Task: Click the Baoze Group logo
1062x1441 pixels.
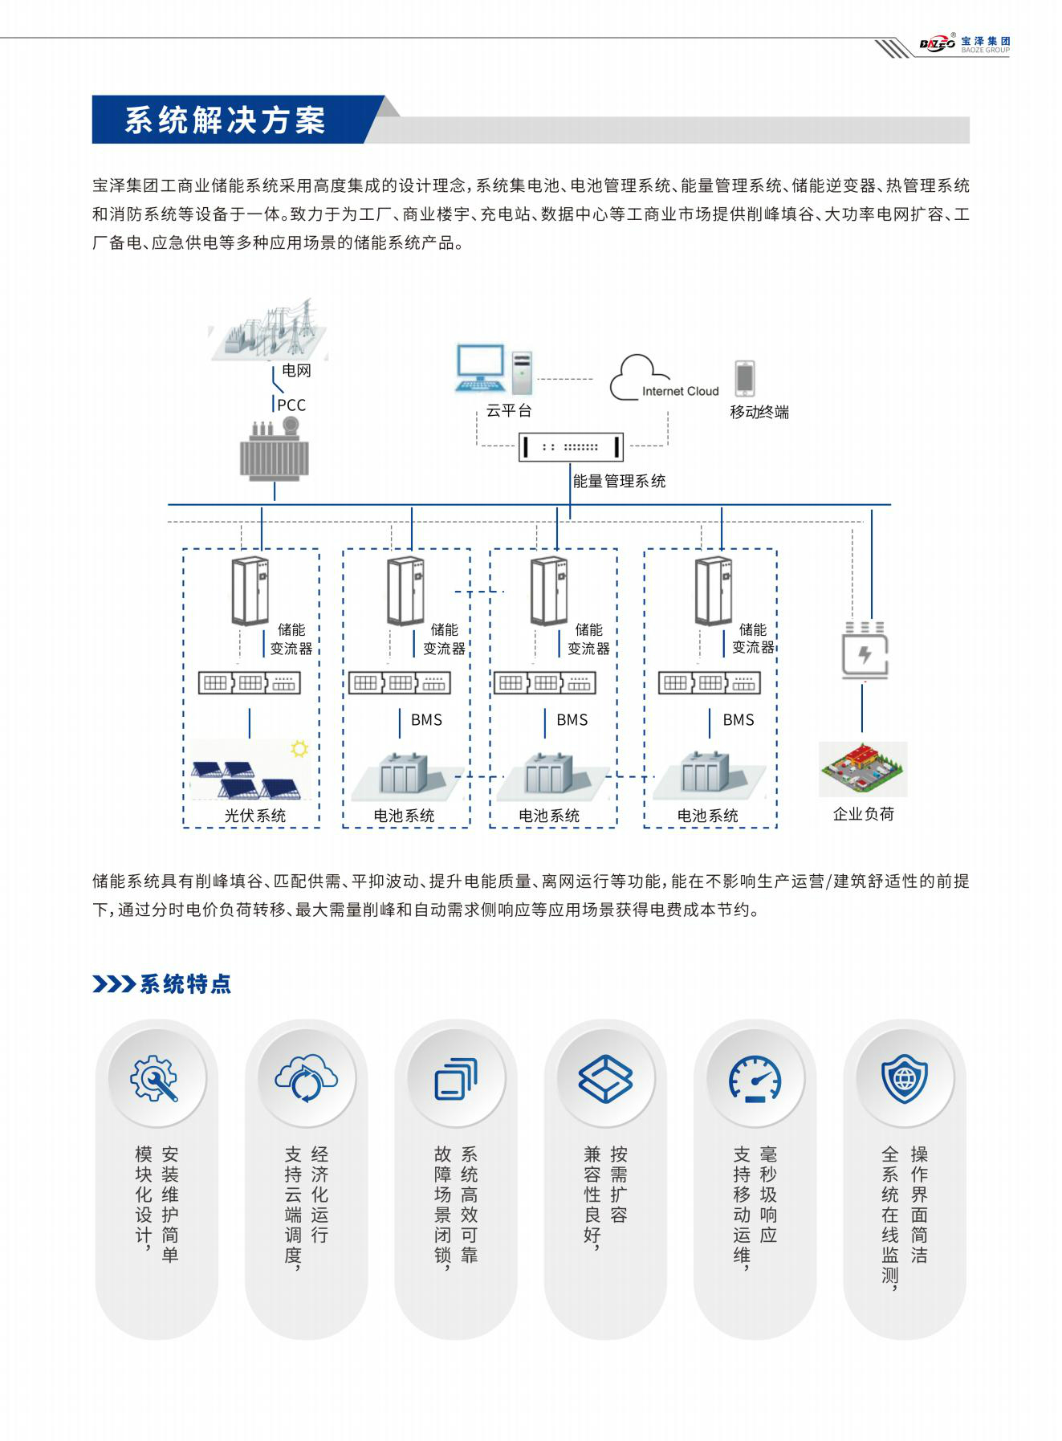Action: tap(963, 45)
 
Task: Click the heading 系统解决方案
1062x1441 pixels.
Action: tap(225, 120)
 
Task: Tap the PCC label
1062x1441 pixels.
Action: tap(291, 405)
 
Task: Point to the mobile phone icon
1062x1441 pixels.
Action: tap(745, 378)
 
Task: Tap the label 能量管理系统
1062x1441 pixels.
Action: tap(619, 482)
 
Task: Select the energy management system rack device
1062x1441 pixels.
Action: tap(571, 446)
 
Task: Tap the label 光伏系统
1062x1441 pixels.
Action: tap(255, 816)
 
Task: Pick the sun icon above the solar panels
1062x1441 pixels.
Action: tap(299, 749)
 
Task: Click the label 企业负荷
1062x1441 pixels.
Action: tap(863, 814)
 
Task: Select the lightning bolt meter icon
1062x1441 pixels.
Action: tap(865, 654)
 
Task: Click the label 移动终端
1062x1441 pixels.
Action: tap(759, 413)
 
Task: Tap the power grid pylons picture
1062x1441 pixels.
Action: tap(271, 331)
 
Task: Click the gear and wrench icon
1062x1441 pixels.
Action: tap(155, 1078)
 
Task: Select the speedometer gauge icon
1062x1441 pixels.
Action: tap(755, 1078)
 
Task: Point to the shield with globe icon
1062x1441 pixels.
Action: tap(904, 1078)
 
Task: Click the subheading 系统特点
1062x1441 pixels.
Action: tap(185, 983)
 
